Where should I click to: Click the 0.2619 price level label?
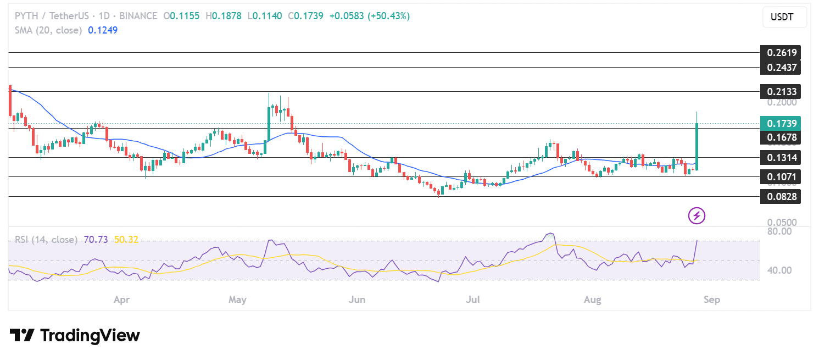coord(780,53)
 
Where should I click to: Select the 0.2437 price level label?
coord(780,68)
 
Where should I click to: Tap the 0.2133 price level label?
coord(780,91)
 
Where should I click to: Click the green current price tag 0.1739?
coord(780,124)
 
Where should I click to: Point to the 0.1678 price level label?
coord(780,137)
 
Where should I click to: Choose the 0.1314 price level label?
coord(780,158)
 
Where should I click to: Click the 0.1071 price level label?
coord(780,177)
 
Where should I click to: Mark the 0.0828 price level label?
coord(780,196)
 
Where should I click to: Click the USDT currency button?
coord(784,17)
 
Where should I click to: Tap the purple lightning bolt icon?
coord(697,216)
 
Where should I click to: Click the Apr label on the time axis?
coord(121,300)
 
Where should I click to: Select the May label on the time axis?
coord(237,300)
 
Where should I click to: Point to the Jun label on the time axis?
coord(357,300)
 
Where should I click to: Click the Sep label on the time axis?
coord(711,300)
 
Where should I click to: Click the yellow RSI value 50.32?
coord(126,240)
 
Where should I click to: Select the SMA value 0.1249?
coord(103,30)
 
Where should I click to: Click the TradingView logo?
coord(75,335)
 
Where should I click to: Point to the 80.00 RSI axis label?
coord(779,231)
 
